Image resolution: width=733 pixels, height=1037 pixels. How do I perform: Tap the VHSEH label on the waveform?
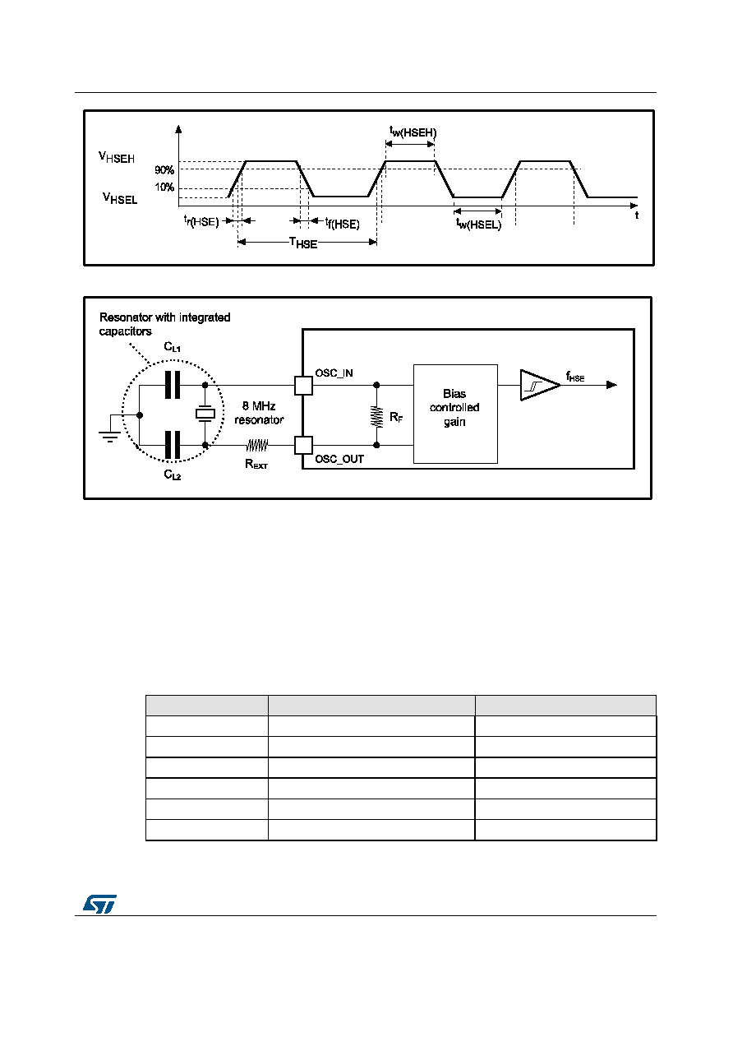(117, 157)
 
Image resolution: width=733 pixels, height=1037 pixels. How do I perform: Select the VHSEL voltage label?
(120, 198)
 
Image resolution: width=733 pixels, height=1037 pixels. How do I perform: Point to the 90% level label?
(164, 170)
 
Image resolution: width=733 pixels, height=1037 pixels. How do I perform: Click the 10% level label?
(164, 187)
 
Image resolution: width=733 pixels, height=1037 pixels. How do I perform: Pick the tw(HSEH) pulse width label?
(413, 132)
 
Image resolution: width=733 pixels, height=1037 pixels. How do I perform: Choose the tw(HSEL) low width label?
(478, 224)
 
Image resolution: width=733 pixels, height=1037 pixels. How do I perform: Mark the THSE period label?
(303, 243)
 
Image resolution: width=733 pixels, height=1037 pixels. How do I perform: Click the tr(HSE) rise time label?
(201, 221)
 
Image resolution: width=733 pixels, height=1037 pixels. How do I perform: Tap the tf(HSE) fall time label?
(342, 223)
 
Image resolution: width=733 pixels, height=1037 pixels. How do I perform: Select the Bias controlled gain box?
(455, 414)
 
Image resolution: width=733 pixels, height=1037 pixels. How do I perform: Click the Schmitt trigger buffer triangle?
(540, 385)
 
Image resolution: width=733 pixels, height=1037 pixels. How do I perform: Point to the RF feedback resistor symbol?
(376, 416)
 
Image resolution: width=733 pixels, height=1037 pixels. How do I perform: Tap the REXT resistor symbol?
(257, 446)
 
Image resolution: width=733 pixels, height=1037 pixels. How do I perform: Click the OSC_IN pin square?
(303, 386)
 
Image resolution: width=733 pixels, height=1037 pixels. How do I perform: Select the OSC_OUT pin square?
(303, 446)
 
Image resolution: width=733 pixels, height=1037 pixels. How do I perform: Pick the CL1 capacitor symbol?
(173, 385)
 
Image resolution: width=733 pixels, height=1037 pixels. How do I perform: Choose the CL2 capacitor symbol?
(173, 445)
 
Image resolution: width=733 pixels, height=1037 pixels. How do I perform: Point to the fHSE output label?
(575, 377)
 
